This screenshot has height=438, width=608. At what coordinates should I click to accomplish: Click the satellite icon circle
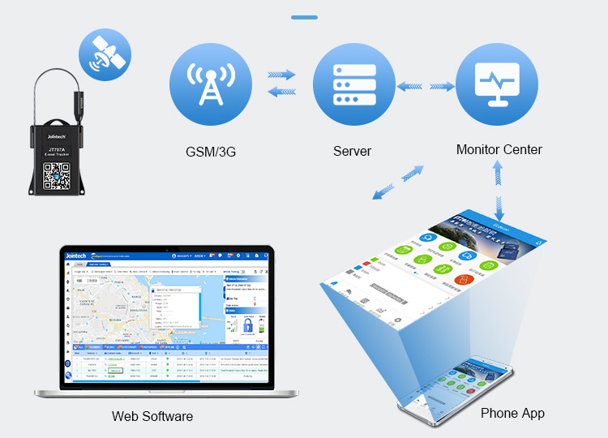point(105,55)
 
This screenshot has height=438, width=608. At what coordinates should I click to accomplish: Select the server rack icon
point(353,84)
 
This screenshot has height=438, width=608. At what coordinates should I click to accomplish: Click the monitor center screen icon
point(497,84)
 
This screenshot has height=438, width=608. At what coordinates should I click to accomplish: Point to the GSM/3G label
point(210,151)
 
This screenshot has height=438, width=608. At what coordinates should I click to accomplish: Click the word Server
point(353,151)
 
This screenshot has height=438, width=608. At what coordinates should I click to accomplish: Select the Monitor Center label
point(499,150)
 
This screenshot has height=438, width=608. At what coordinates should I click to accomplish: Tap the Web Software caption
point(152,416)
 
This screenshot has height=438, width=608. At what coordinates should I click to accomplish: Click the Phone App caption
point(512,413)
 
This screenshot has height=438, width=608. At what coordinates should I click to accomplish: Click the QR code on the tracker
point(57,175)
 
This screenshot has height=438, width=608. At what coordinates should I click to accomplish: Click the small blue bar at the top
point(304,16)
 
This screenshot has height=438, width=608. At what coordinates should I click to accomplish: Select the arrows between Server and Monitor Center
point(425,85)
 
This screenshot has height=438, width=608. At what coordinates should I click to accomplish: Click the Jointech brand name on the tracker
point(56,136)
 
